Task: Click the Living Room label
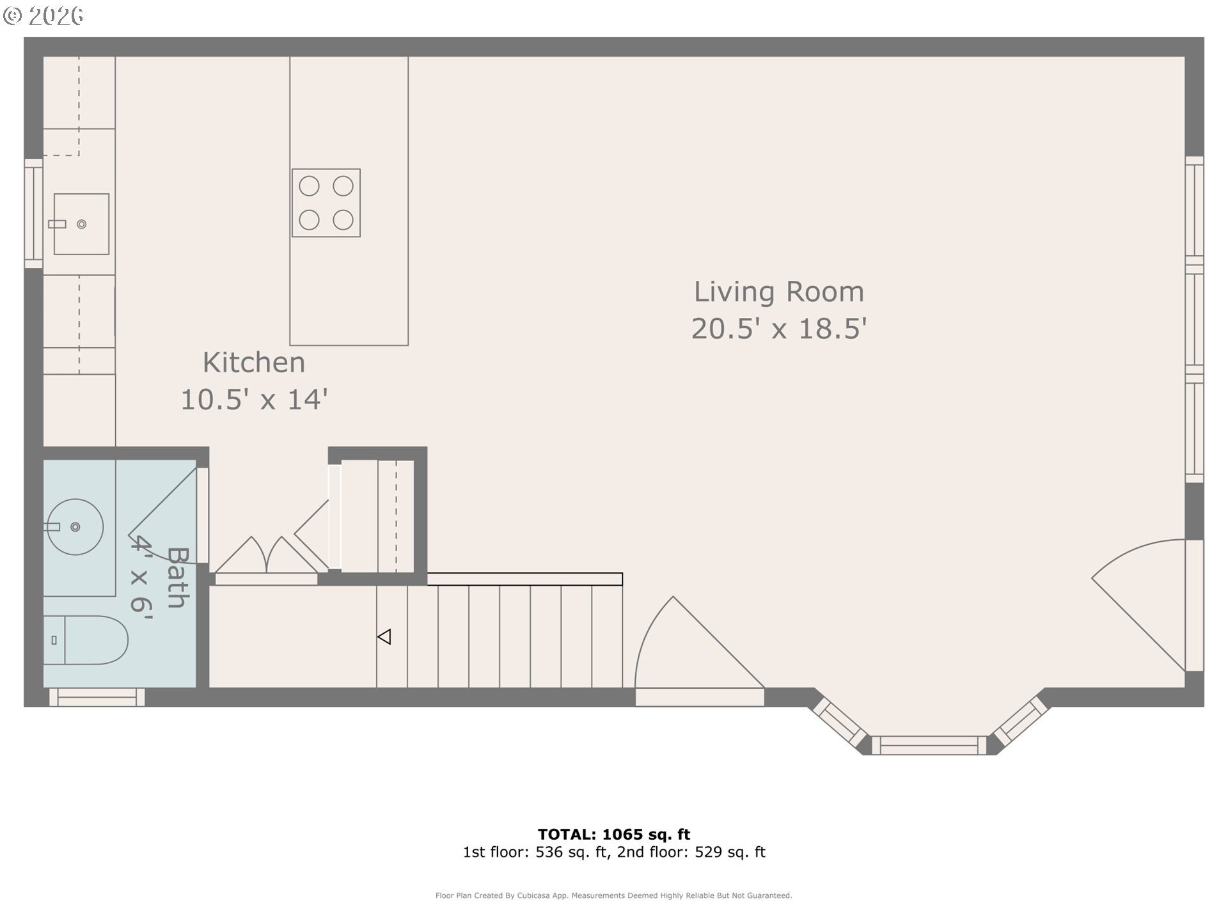point(778,292)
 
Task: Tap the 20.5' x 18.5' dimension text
point(778,329)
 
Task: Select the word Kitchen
point(254,363)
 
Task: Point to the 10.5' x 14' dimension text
point(254,400)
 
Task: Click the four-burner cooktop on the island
point(326,203)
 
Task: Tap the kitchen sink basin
point(81,224)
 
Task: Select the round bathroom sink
point(75,527)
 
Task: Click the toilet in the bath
point(90,640)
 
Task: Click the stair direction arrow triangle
point(384,637)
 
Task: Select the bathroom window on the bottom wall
point(97,697)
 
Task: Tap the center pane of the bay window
point(929,745)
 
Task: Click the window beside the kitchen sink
point(33,213)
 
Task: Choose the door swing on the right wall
point(1145,601)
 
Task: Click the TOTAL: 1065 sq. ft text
point(613,834)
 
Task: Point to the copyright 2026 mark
point(43,15)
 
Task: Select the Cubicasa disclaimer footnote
point(613,895)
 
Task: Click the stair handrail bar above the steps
point(524,579)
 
